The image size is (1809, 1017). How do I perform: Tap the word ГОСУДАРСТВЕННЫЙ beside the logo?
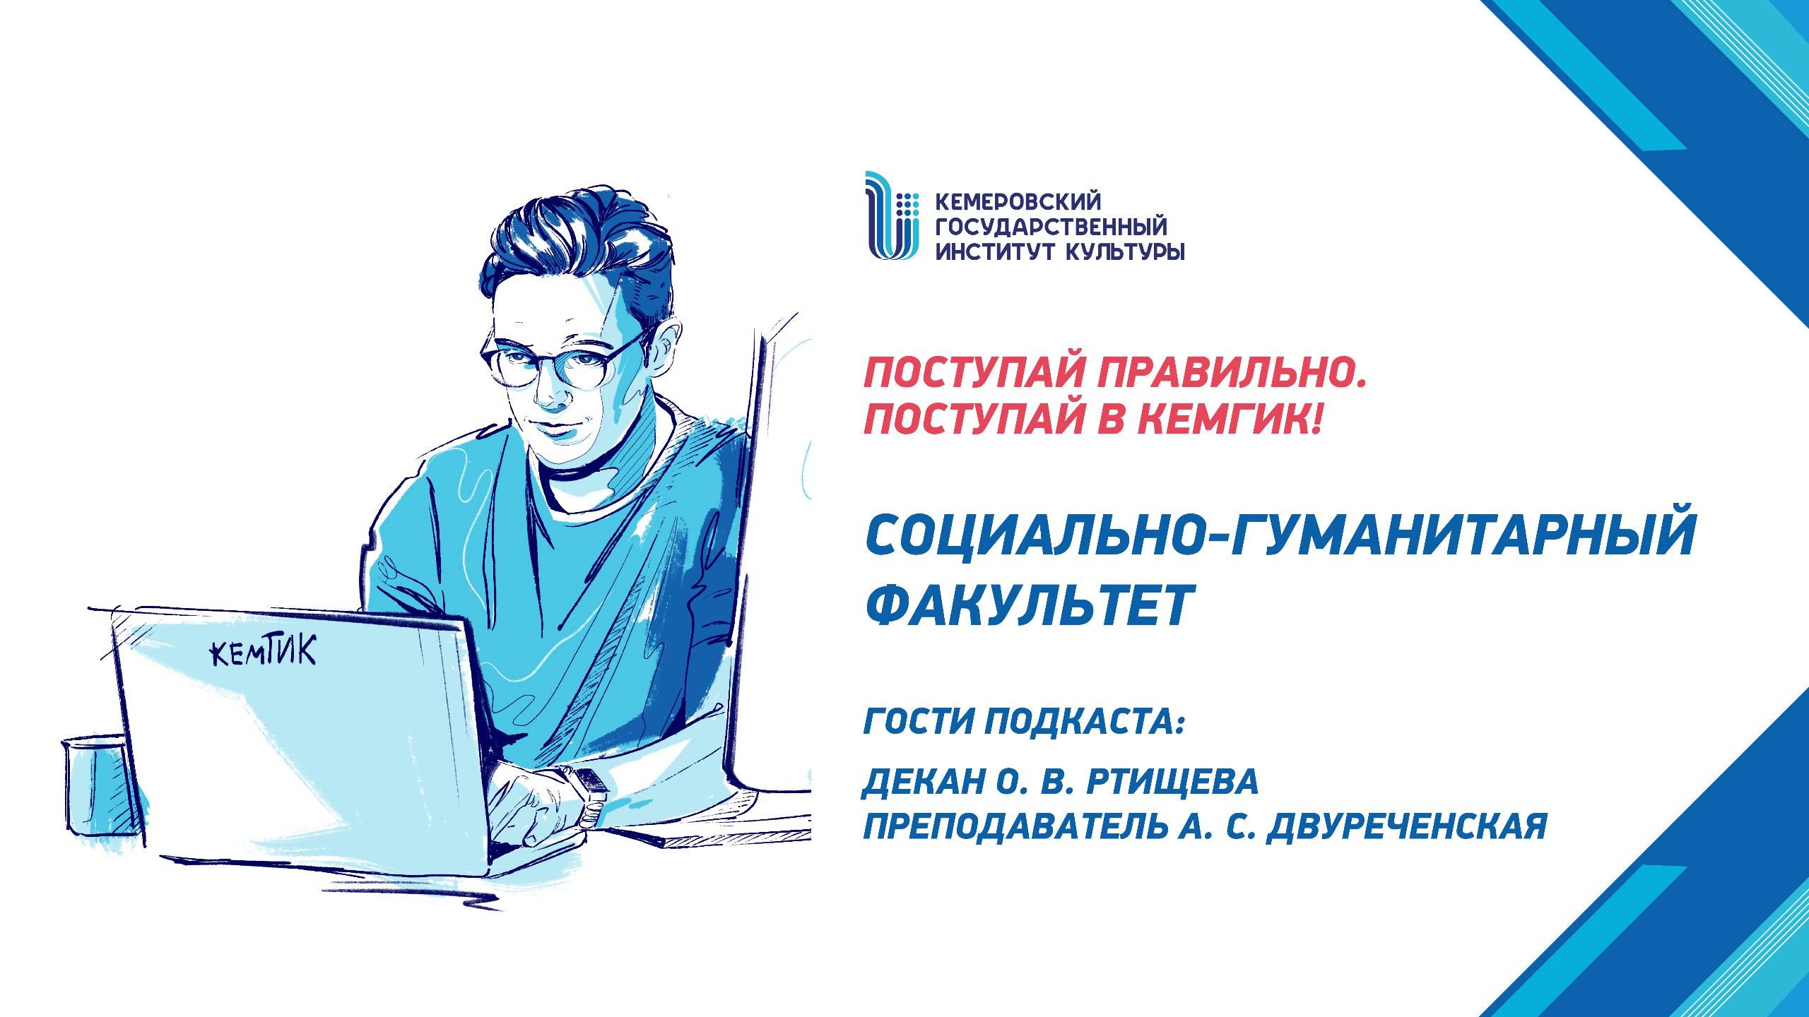(1051, 227)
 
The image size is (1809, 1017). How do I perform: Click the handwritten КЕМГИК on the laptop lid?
(264, 652)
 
